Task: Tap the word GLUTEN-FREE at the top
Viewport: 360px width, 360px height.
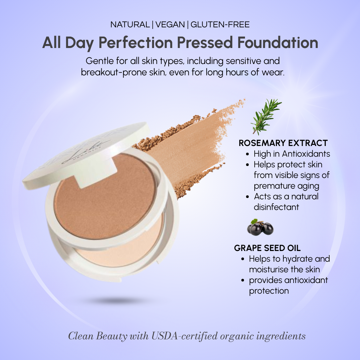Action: click(x=220, y=24)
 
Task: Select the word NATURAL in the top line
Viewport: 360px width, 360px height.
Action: click(x=130, y=24)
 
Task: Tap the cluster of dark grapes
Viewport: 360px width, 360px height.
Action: click(x=260, y=228)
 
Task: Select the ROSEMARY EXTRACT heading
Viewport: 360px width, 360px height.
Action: click(x=283, y=143)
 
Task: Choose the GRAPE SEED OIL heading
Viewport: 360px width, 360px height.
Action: click(x=267, y=248)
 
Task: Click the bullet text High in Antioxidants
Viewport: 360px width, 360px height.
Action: click(x=292, y=154)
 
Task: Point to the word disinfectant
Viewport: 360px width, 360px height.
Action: click(x=276, y=207)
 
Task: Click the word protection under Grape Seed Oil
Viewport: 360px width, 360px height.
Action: click(x=269, y=291)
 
